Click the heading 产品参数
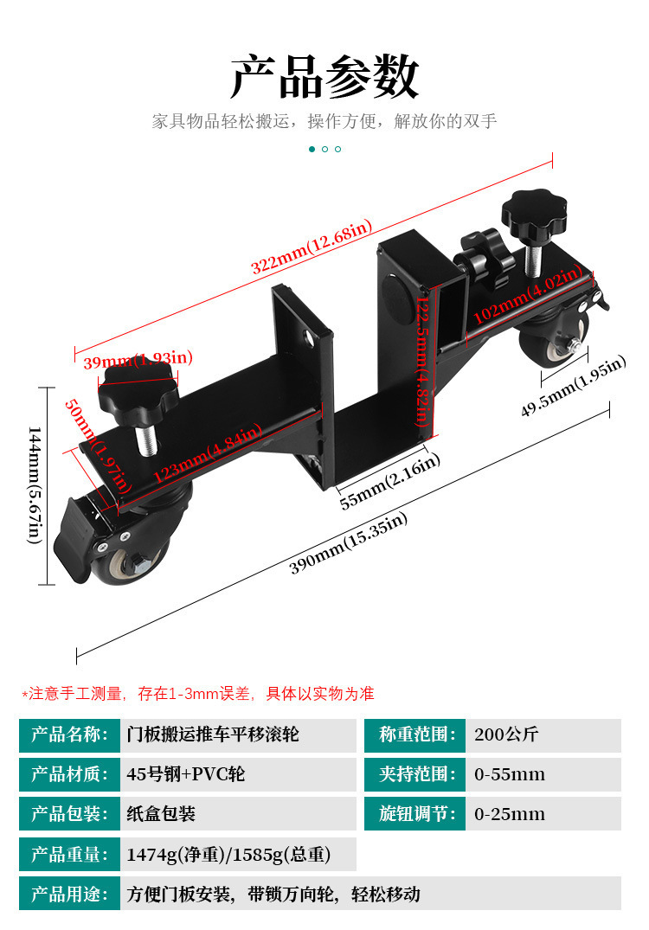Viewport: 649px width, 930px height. (x=324, y=76)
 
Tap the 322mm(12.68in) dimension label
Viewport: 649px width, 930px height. (x=312, y=247)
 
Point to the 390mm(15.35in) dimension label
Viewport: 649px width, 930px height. (x=348, y=543)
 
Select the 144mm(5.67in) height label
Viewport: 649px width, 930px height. (x=35, y=485)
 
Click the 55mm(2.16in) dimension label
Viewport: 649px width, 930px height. (x=389, y=481)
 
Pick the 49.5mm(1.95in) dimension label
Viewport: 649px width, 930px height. (x=573, y=386)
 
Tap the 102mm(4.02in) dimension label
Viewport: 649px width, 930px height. (x=528, y=294)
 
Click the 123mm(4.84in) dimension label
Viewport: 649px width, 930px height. (x=208, y=453)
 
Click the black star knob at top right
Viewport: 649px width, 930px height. (x=534, y=212)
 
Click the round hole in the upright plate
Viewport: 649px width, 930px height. (x=308, y=339)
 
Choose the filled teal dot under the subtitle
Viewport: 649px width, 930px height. (x=312, y=149)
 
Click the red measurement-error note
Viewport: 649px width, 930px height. (x=198, y=693)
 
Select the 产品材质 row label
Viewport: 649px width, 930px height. (x=69, y=774)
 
